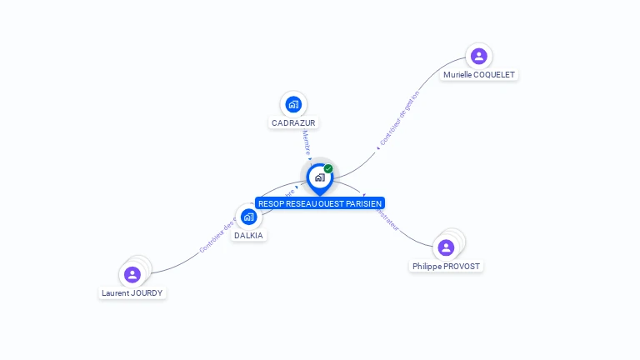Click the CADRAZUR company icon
293,104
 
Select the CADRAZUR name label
293,122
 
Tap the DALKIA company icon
248,217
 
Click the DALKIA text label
248,235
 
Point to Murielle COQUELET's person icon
478,56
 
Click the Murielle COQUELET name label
479,74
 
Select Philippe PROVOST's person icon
446,247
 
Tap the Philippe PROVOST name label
446,266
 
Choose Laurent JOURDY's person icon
132,274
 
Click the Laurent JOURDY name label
132,292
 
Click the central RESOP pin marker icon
319,177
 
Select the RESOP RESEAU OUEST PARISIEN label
320,203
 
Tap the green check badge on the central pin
328,169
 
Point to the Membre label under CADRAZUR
307,142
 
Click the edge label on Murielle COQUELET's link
399,118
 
